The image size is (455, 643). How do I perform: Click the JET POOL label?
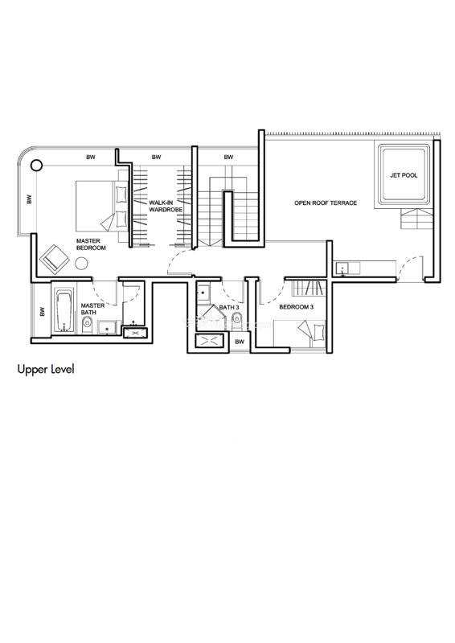(x=404, y=175)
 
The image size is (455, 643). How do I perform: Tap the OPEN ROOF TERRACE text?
(x=326, y=203)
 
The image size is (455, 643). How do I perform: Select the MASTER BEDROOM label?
(x=91, y=244)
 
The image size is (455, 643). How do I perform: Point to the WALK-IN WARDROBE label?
(x=166, y=207)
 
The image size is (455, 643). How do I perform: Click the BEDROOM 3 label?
(x=297, y=307)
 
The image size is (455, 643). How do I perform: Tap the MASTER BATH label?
(x=92, y=309)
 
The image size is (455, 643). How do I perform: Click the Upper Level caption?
(x=46, y=370)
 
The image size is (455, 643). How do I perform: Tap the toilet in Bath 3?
(x=236, y=318)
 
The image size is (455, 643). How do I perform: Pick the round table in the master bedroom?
(x=81, y=264)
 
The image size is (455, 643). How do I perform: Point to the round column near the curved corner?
(x=36, y=166)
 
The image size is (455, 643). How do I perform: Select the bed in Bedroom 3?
(x=300, y=334)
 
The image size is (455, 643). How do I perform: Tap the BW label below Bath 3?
(x=240, y=342)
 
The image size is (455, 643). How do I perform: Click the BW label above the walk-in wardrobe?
(x=156, y=157)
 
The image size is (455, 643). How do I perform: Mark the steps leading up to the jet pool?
(x=416, y=219)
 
